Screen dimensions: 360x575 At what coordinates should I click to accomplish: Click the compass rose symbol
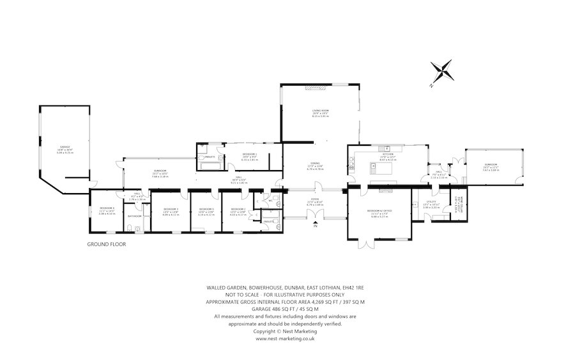point(441,72)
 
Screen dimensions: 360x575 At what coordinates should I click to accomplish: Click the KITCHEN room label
point(387,155)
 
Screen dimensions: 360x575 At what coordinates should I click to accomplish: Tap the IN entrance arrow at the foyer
point(314,224)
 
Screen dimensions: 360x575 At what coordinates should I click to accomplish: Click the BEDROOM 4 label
point(107,209)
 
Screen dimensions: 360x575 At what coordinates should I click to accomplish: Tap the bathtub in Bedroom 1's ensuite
point(208,166)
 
